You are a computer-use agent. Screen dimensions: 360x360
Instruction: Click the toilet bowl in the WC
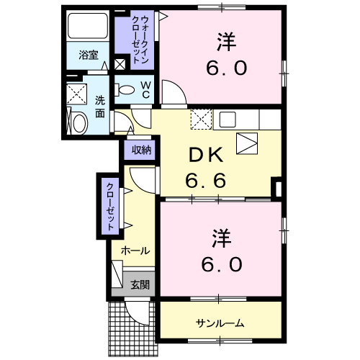pyautogui.click(x=126, y=91)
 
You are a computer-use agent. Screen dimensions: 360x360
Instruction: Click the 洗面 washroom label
pyautogui.click(x=100, y=107)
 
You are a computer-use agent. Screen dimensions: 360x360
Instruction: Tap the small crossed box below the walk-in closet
pyautogui.click(x=120, y=65)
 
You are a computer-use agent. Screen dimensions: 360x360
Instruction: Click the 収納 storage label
pyautogui.click(x=141, y=150)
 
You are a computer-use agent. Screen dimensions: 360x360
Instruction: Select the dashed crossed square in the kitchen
pyautogui.click(x=200, y=119)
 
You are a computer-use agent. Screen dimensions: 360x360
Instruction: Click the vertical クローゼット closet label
pyautogui.click(x=110, y=206)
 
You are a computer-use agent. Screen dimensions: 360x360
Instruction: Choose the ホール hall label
pyautogui.click(x=135, y=251)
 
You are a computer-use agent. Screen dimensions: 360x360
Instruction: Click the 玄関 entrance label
pyautogui.click(x=140, y=285)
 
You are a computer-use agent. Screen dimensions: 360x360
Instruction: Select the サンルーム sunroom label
pyautogui.click(x=220, y=323)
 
